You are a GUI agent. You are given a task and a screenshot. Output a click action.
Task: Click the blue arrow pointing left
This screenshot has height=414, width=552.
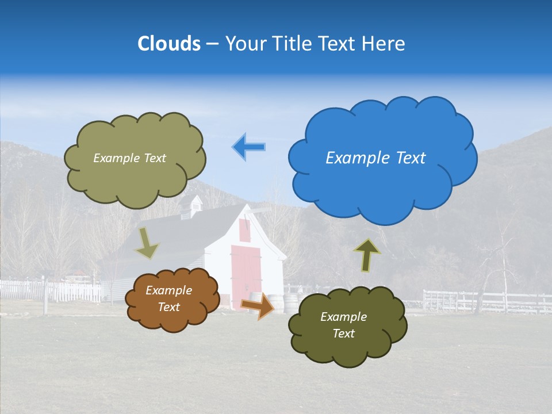[249, 147]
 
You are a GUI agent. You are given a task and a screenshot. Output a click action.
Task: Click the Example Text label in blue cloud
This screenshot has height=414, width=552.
[375, 158]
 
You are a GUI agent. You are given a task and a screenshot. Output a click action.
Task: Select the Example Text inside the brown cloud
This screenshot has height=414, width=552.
[168, 299]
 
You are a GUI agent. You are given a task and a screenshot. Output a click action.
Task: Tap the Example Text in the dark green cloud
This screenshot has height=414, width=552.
[343, 325]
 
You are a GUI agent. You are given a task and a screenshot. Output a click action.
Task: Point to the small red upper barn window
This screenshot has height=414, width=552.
[245, 230]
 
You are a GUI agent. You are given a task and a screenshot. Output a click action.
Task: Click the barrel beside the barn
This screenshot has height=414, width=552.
[276, 303]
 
